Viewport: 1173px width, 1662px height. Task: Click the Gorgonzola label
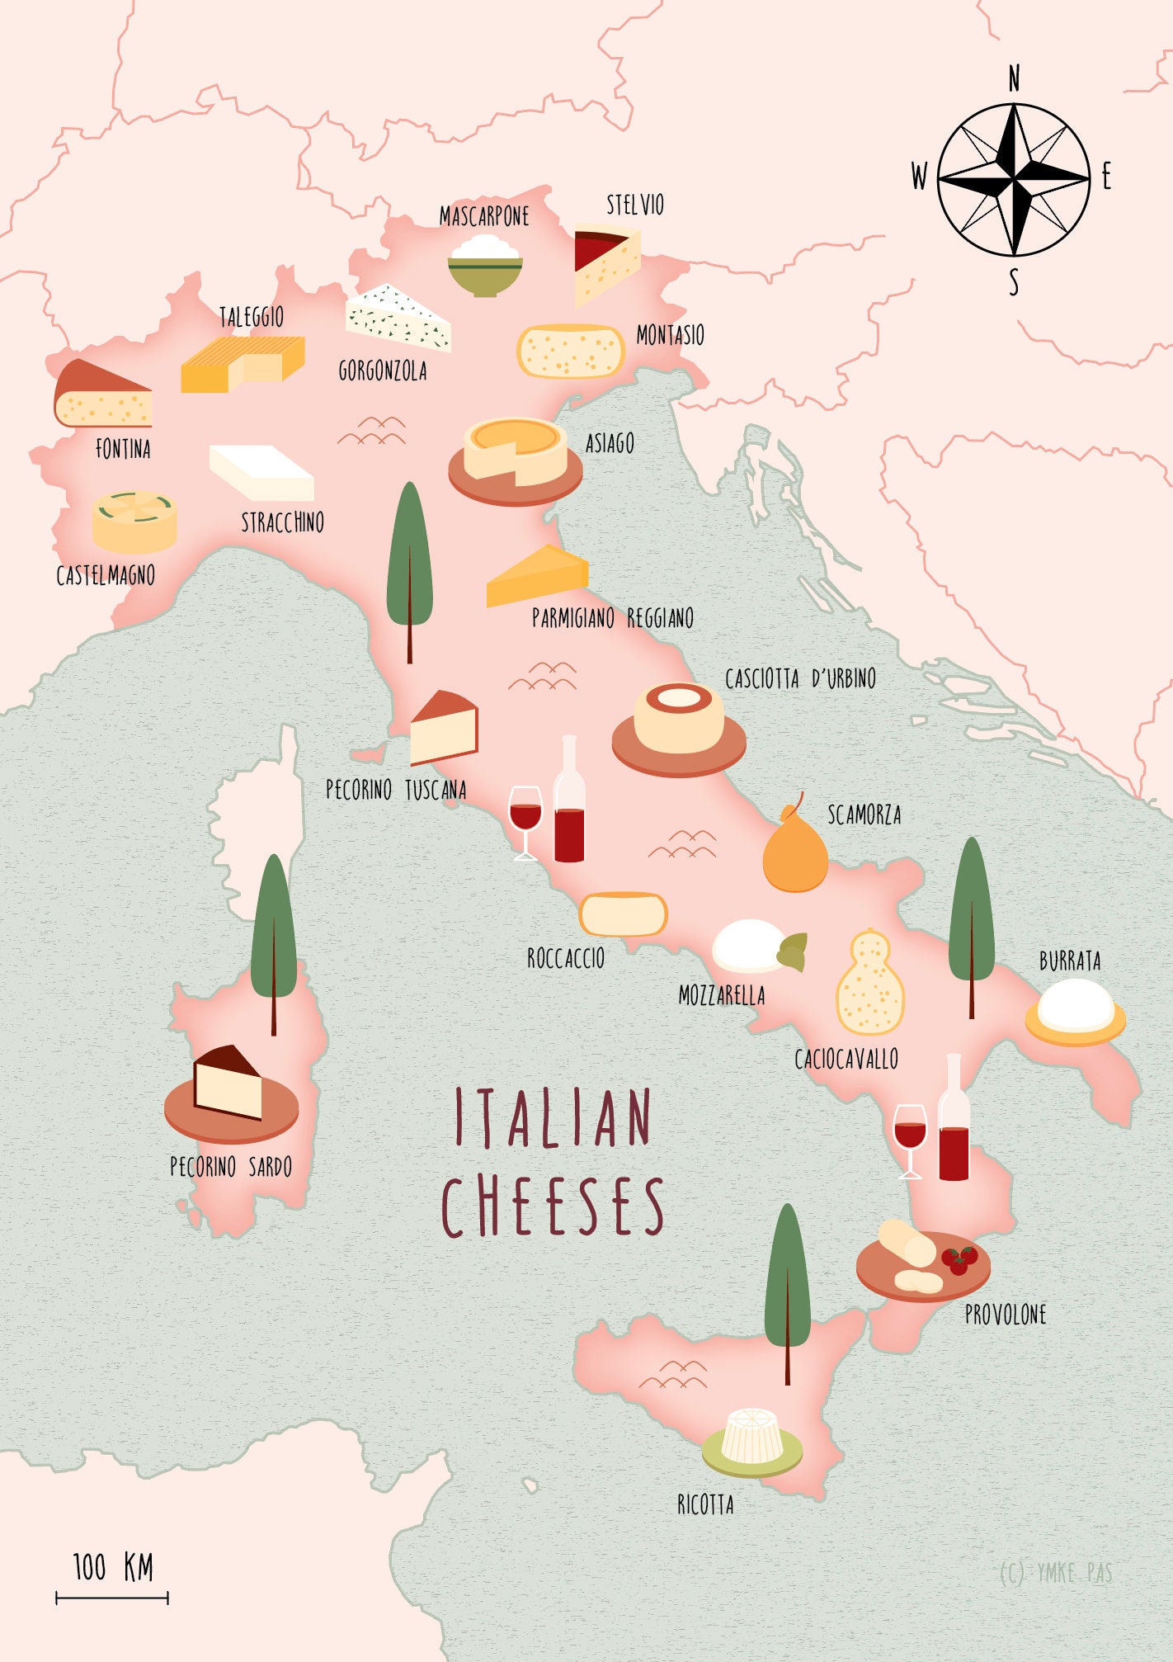pos(383,371)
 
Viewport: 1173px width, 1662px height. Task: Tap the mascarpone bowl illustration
pos(485,267)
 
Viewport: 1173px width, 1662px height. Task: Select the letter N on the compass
pos(1014,79)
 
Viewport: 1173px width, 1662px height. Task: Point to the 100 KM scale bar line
pos(112,1598)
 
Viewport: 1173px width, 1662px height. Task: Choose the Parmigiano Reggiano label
pos(612,618)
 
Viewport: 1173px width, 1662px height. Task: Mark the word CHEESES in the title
pos(554,1207)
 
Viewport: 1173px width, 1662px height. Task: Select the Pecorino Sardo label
pos(231,1167)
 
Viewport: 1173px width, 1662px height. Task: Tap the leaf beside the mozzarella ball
pos(793,951)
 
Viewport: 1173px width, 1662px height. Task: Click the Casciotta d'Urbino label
pos(800,679)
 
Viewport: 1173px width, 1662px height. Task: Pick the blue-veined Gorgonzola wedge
pos(398,319)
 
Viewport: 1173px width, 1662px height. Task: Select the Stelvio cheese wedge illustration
pos(607,262)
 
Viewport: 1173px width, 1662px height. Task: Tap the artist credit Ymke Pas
pos(1055,1573)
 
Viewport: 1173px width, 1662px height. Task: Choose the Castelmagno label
pos(106,575)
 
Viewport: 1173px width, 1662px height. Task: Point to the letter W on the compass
pos(919,177)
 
